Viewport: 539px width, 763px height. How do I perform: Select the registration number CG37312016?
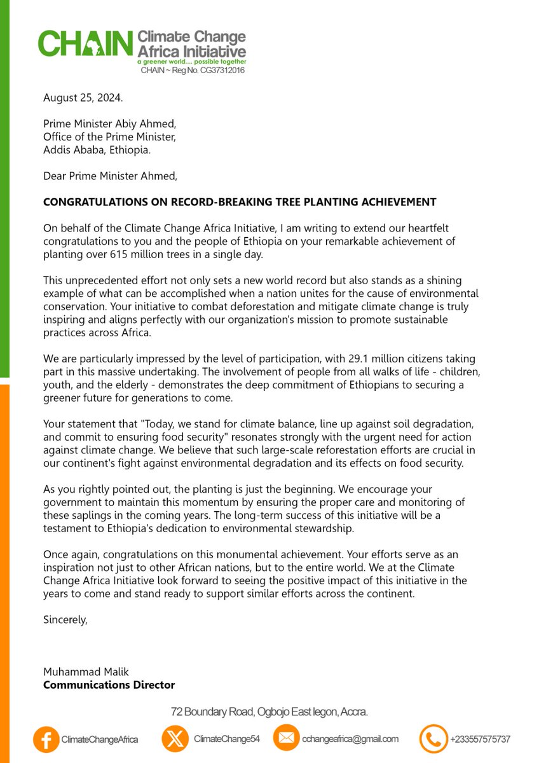tap(222, 70)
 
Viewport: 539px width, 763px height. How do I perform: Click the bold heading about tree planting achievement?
tap(240, 202)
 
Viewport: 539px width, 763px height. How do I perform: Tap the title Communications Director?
tap(109, 685)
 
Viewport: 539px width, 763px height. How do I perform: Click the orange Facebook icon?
tap(45, 739)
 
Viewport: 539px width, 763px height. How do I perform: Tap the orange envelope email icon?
tap(286, 738)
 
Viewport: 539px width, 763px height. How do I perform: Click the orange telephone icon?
tap(433, 739)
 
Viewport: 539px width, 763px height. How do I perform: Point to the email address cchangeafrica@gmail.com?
tap(350, 739)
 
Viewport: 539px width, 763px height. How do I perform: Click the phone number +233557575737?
tap(480, 739)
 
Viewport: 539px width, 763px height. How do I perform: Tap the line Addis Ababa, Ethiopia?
tap(97, 149)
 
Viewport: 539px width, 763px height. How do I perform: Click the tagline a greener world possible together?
tap(191, 63)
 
